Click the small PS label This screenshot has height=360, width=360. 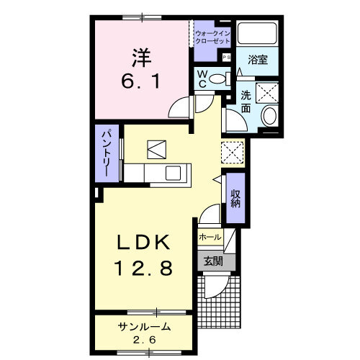click(226, 57)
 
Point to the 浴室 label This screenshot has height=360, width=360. click(258, 60)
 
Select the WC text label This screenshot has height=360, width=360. click(203, 77)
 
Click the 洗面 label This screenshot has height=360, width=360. click(246, 102)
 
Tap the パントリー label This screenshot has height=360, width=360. click(105, 154)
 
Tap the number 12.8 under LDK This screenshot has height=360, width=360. click(143, 269)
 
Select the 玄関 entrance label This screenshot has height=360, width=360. click(212, 261)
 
